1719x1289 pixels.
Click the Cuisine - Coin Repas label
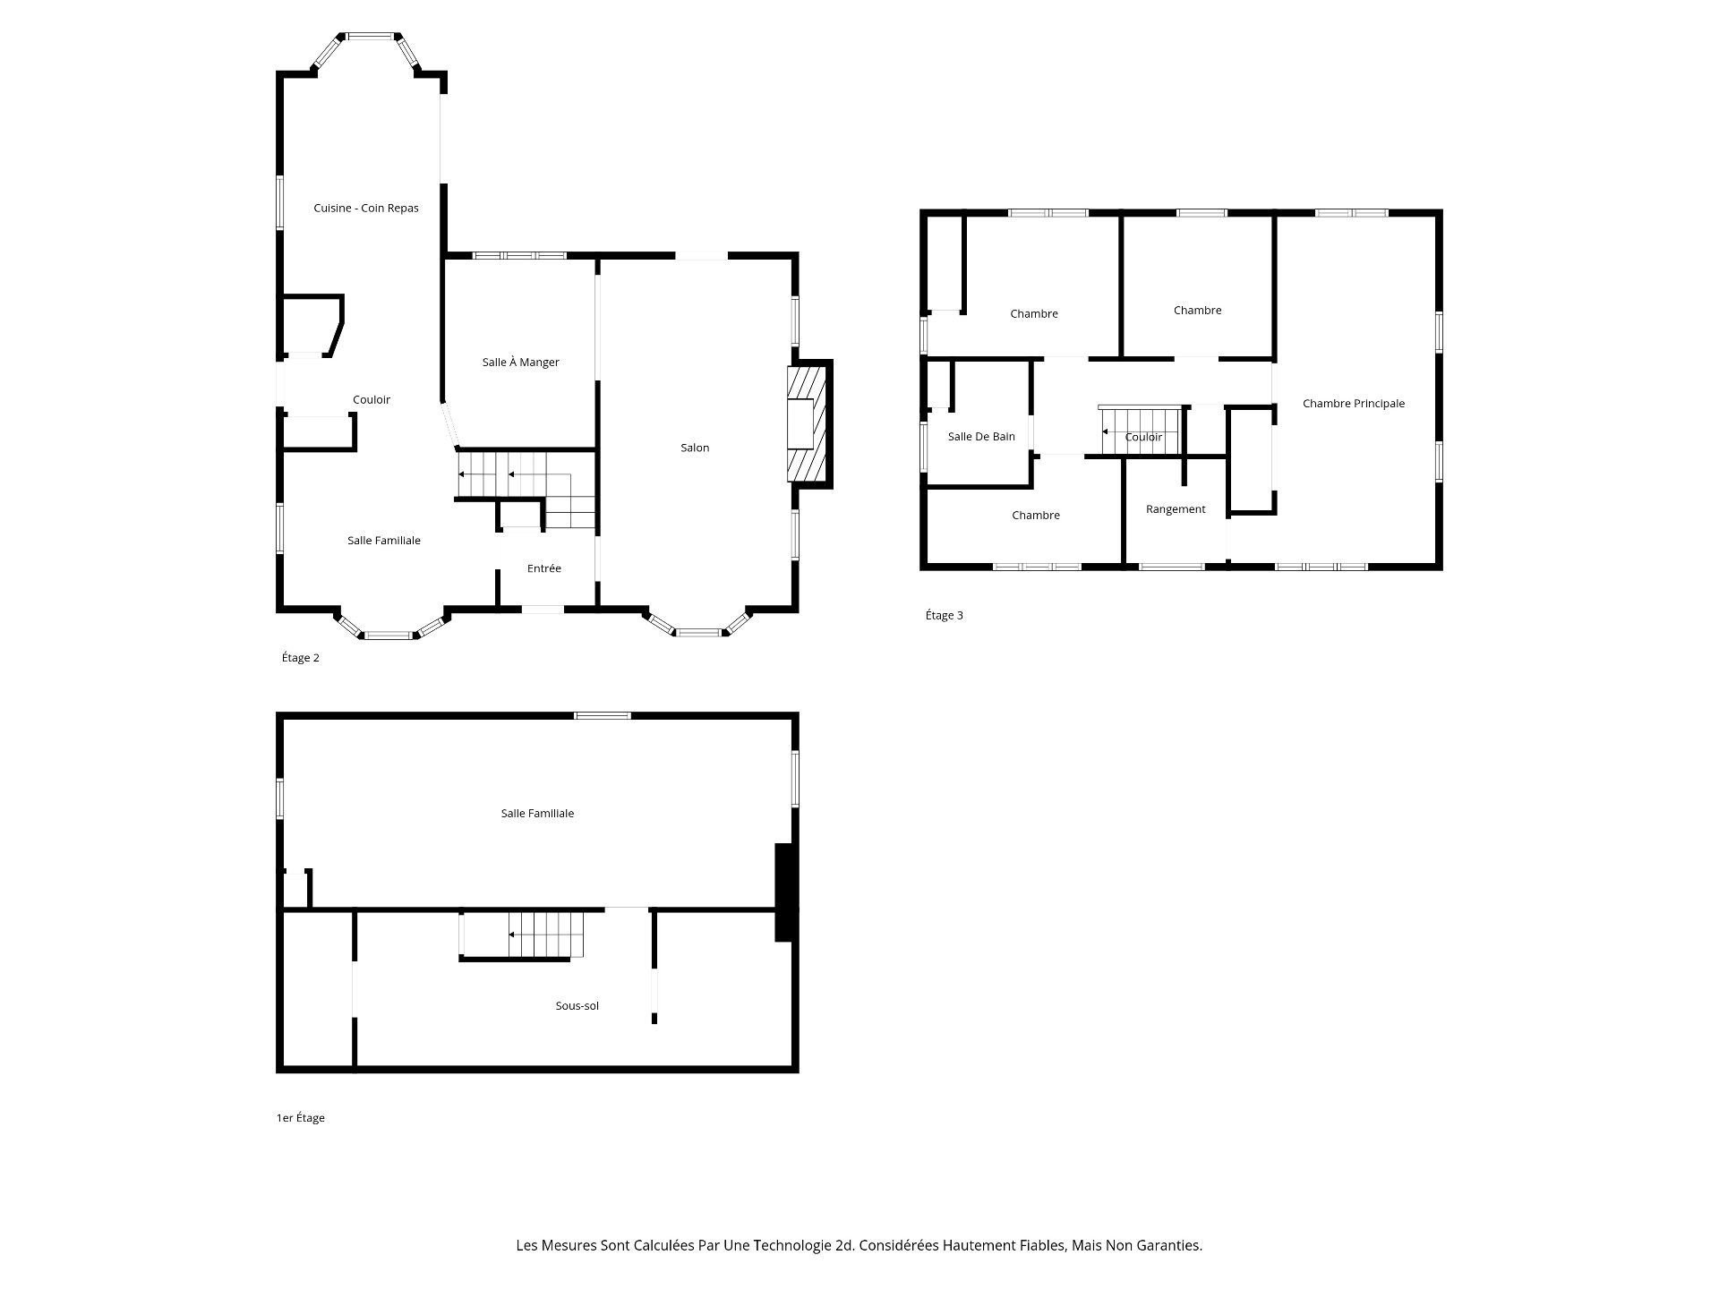365,208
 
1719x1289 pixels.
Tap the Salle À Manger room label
520,363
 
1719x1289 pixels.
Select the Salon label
695,448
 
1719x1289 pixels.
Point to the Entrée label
543,568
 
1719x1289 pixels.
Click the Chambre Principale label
1353,404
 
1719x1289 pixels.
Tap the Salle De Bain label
981,437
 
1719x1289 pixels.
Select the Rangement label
1175,509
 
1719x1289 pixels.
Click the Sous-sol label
577,1006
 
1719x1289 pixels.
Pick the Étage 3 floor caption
944,616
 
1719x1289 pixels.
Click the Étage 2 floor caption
300,658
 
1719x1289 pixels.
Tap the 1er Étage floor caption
300,1118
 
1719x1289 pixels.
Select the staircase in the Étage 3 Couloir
1139,431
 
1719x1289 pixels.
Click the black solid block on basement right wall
784,892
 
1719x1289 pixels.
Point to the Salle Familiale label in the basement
537,814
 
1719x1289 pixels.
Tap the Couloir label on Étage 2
371,400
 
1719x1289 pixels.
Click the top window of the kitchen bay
371,37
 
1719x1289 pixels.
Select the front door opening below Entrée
543,610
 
